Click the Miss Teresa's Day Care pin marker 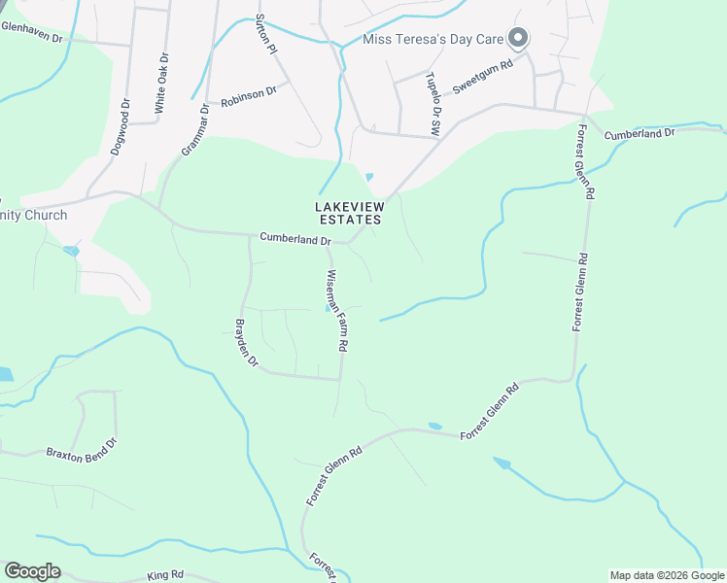point(518,38)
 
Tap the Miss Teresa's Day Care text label point(434,40)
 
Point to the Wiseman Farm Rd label point(336,310)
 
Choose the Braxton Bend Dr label point(82,449)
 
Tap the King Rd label point(164,576)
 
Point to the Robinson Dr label point(249,95)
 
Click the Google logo point(33,570)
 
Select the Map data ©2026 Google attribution point(667,575)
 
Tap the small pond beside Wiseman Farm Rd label point(328,309)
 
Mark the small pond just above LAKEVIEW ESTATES point(368,177)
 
